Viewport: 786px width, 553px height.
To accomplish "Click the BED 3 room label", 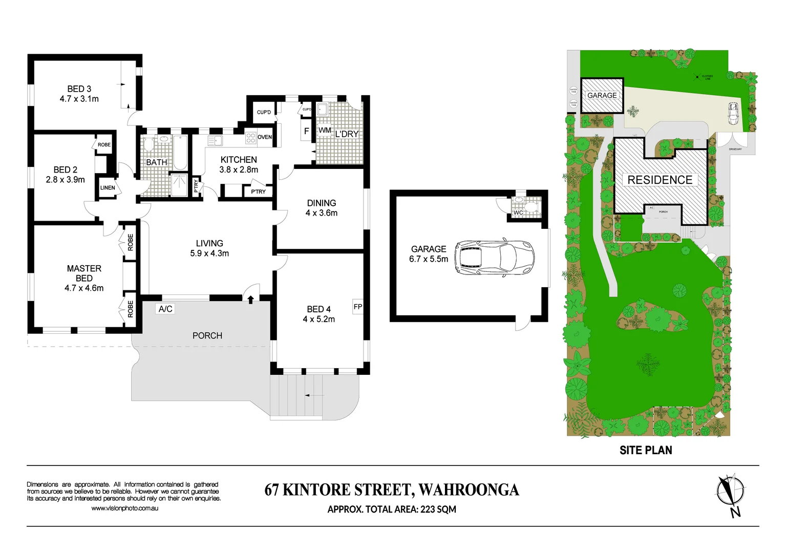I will [79, 89].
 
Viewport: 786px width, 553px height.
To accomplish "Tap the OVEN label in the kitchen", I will [265, 137].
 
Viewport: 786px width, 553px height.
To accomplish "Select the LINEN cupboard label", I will [108, 188].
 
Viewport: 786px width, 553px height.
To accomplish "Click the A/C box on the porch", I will [165, 309].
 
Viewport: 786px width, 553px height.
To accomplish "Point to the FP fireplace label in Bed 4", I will [358, 307].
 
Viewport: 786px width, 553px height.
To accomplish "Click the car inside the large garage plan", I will [494, 257].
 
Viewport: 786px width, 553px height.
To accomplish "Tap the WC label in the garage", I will [518, 212].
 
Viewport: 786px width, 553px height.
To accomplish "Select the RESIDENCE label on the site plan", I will [660, 180].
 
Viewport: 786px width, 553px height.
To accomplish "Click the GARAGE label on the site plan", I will [602, 95].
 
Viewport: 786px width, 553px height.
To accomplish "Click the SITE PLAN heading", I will [646, 450].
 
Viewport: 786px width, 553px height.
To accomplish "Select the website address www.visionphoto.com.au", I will [124, 508].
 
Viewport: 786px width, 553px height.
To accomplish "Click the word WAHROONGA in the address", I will [469, 490].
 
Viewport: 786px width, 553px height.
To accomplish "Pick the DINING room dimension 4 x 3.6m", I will [322, 213].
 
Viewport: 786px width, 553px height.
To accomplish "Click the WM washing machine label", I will [325, 131].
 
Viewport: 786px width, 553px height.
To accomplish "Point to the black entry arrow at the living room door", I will [250, 299].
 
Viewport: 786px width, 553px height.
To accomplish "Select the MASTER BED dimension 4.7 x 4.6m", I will [84, 288].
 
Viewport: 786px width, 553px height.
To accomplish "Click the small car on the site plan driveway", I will [733, 113].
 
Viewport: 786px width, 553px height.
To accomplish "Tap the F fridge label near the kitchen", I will [306, 132].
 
